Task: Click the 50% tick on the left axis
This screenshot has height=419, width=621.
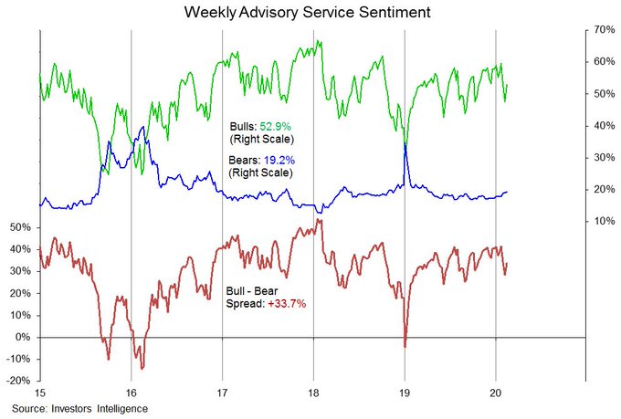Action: (x=21, y=226)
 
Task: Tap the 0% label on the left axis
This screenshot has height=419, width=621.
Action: (x=25, y=337)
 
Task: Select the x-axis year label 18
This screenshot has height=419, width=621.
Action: (x=313, y=393)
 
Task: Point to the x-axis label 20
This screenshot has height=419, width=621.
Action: (x=495, y=393)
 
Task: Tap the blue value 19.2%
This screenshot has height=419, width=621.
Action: (x=279, y=159)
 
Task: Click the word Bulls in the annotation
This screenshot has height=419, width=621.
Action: (x=242, y=125)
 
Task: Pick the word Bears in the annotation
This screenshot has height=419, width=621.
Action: (x=243, y=159)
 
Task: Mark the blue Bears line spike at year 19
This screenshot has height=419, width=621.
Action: (x=405, y=146)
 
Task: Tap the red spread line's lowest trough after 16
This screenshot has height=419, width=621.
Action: (x=142, y=368)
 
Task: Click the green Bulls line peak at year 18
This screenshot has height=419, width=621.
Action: (x=319, y=41)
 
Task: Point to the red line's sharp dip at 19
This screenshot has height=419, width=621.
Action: (x=405, y=346)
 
